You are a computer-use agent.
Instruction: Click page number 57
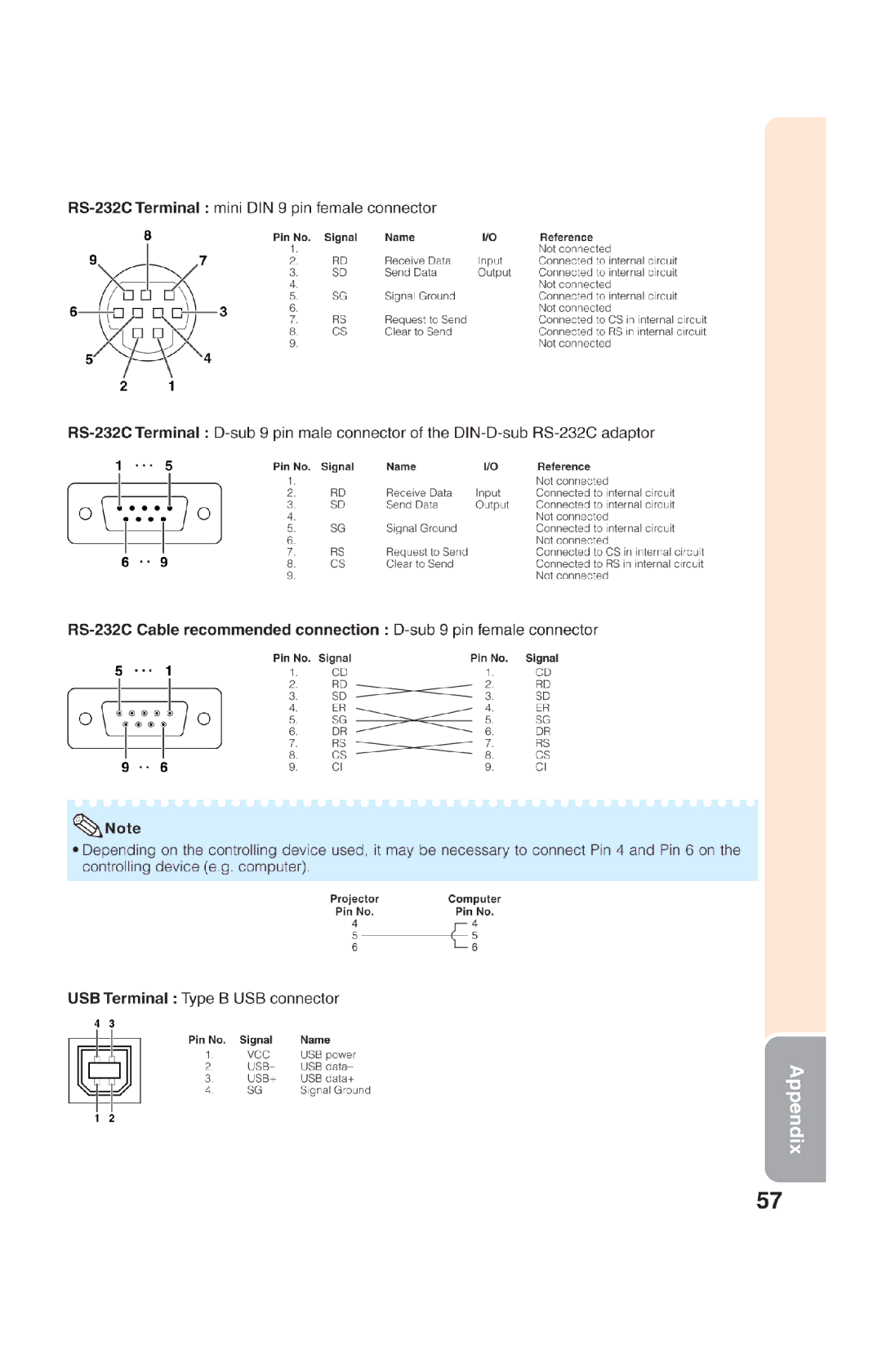pos(768,1200)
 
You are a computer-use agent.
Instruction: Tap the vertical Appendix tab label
pos(795,1109)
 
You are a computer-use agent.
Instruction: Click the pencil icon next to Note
pos(87,826)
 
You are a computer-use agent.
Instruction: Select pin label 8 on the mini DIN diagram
pos(148,236)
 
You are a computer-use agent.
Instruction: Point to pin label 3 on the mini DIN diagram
pos(223,312)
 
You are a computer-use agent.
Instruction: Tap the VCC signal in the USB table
pos(258,1054)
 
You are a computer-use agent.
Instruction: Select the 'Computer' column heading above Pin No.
pos(474,898)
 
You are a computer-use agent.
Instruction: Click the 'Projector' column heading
pos(354,898)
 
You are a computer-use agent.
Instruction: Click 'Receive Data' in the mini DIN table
pos(417,261)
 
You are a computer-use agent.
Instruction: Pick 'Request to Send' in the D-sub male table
pos(426,552)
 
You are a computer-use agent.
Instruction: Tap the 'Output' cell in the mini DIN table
pos(494,273)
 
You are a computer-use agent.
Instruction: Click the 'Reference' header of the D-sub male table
pos(563,466)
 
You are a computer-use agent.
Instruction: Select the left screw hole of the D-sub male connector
pos(85,513)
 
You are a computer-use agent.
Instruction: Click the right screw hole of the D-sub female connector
pos(203,719)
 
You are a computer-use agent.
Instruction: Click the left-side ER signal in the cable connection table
pos(339,708)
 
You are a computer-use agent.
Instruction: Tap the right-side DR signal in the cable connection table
pos(543,732)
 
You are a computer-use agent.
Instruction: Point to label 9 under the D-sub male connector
pos(164,562)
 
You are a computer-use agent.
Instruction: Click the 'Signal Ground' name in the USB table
pos(335,1090)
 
